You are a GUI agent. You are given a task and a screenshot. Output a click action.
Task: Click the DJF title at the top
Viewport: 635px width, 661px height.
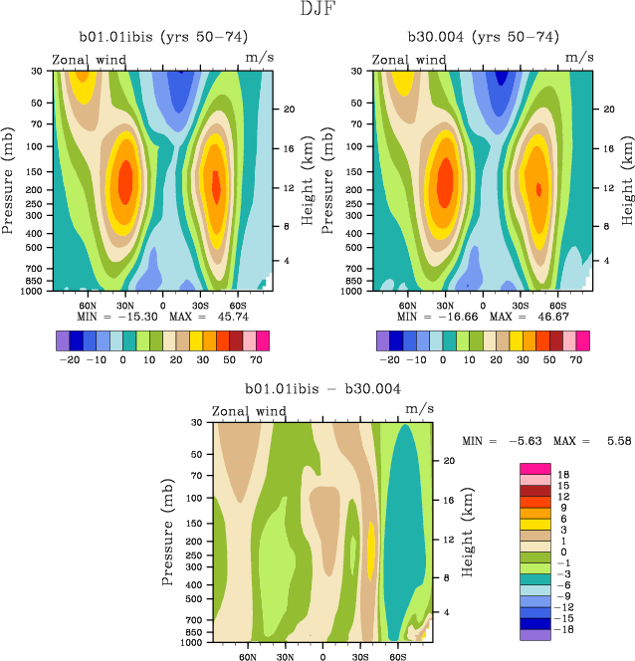pos(317,10)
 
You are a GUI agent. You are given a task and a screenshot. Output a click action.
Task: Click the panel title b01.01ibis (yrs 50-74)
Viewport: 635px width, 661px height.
pos(158,38)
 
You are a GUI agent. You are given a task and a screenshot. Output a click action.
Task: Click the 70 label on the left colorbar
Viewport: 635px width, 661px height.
pos(257,360)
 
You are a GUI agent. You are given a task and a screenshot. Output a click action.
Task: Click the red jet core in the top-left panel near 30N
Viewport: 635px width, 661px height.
pos(125,181)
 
